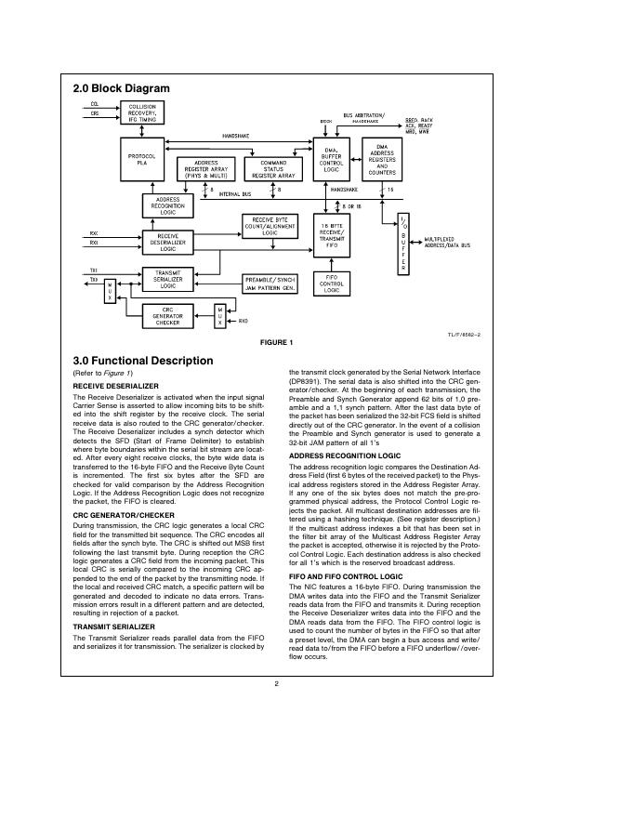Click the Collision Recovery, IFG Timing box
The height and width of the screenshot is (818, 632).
[x=149, y=112]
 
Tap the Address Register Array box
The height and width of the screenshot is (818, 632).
[x=205, y=168]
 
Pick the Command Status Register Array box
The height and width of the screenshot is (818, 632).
[x=273, y=168]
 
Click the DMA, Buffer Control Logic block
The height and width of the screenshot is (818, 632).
[x=333, y=159]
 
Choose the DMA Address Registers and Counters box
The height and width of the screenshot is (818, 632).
[x=383, y=159]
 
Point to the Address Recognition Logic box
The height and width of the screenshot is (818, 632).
[x=168, y=205]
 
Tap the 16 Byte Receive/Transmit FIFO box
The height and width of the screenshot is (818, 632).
[x=333, y=238]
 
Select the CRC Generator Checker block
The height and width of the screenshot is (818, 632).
[x=168, y=316]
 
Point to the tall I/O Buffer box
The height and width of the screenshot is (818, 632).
[x=402, y=244]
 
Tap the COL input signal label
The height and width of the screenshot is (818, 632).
[x=95, y=103]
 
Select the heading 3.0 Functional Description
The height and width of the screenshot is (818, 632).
[x=142, y=361]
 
